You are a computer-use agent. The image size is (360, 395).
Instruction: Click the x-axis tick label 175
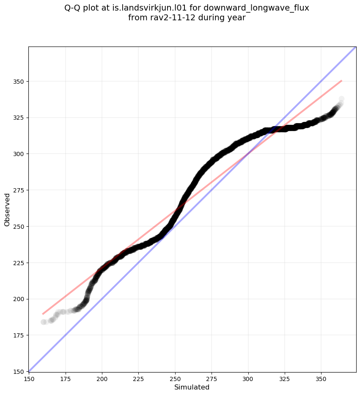click(x=66, y=379)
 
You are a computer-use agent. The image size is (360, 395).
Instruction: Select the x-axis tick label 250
click(x=175, y=379)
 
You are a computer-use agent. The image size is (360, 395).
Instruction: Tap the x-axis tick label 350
click(x=321, y=379)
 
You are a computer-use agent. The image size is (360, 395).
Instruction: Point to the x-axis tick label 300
click(x=248, y=379)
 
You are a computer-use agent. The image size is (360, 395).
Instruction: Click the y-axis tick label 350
click(x=18, y=81)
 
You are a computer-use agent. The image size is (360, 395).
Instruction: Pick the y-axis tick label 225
click(x=18, y=263)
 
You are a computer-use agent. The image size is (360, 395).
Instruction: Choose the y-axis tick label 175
click(x=18, y=335)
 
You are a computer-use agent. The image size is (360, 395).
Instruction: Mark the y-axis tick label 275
click(x=18, y=190)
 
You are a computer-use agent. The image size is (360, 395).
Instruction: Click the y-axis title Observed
click(x=7, y=209)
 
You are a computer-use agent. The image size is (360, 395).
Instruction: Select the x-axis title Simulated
click(x=192, y=387)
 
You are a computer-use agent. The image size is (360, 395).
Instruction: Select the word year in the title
click(x=236, y=18)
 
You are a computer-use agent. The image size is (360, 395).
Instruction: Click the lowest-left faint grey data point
click(x=44, y=322)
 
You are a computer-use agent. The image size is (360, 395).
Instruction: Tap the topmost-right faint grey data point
click(x=341, y=99)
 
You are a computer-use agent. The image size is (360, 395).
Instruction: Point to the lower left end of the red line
click(x=43, y=314)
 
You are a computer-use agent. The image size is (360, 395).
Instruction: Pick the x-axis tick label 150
click(x=29, y=379)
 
